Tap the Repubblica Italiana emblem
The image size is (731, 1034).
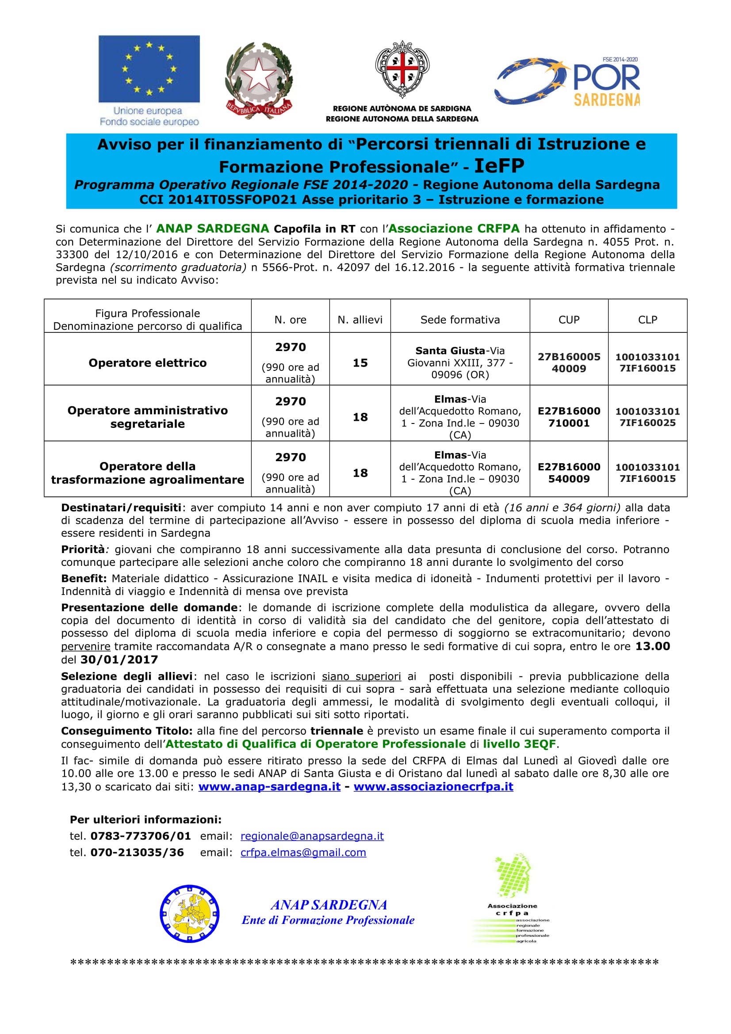pyautogui.click(x=259, y=80)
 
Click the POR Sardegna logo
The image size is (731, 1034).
pyautogui.click(x=568, y=81)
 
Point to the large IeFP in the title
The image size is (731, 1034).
pyautogui.click(x=499, y=166)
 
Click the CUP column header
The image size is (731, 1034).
pyautogui.click(x=569, y=320)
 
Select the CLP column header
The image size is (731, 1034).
pyautogui.click(x=647, y=320)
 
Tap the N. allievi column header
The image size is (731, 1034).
pyautogui.click(x=360, y=320)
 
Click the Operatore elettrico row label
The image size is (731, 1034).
pyautogui.click(x=147, y=362)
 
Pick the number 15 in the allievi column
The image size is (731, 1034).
pyautogui.click(x=360, y=362)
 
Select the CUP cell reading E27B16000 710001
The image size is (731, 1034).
pyautogui.click(x=569, y=416)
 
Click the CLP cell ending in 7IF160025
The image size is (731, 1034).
pyautogui.click(x=647, y=416)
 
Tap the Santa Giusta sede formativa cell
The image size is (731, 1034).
pyautogui.click(x=460, y=362)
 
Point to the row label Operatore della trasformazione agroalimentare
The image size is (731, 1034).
pyautogui.click(x=147, y=473)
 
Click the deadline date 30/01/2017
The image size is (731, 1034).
pyautogui.click(x=119, y=660)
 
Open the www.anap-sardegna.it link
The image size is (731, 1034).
pyautogui.click(x=269, y=787)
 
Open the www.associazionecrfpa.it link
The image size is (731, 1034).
pyautogui.click(x=433, y=787)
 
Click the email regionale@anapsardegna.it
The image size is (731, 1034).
pyautogui.click(x=312, y=836)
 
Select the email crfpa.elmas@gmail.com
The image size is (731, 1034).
pyautogui.click(x=303, y=852)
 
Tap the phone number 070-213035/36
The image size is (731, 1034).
pyautogui.click(x=137, y=852)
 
